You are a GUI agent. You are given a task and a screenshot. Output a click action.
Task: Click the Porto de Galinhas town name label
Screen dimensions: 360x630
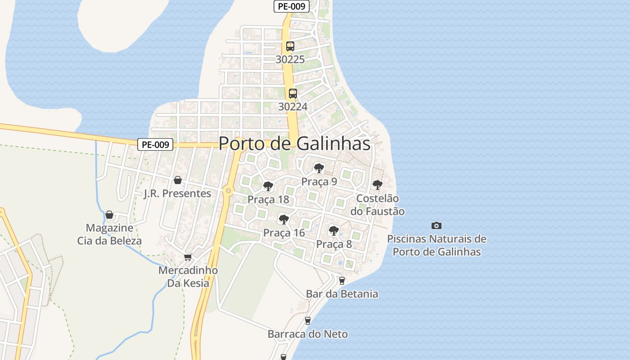click(294, 144)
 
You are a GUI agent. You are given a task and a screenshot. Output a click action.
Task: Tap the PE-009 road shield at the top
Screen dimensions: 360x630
click(291, 6)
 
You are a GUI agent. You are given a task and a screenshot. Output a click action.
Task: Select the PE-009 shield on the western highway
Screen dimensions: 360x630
click(155, 144)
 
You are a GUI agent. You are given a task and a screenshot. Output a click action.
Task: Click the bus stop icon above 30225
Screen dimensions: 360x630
click(290, 46)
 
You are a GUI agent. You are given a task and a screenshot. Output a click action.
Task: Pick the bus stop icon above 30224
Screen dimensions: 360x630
click(293, 94)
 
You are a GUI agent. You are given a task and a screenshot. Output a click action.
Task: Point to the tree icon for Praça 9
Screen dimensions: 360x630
click(319, 168)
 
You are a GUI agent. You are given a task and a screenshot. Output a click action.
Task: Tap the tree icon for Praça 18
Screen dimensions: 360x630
click(268, 186)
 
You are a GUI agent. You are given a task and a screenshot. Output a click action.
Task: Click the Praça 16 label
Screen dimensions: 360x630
click(284, 233)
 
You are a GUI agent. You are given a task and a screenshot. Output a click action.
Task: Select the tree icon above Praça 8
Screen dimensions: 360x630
click(333, 231)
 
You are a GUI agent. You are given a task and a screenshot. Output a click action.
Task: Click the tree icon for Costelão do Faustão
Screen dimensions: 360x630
click(378, 184)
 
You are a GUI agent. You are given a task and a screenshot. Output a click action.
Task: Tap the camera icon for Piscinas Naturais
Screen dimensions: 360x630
click(436, 225)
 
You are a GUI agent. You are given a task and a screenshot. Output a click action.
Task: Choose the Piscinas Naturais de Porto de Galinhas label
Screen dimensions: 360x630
click(436, 245)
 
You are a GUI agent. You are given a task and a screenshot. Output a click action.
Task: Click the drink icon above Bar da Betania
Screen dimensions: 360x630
click(342, 280)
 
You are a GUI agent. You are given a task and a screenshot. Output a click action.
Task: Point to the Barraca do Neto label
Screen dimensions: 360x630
click(307, 334)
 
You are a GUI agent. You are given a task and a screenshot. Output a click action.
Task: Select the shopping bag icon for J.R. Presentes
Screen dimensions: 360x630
click(178, 180)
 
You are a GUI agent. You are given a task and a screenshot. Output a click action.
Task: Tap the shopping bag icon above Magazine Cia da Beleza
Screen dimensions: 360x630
click(109, 215)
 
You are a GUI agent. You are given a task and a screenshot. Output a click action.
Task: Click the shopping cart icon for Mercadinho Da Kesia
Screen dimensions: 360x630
click(188, 257)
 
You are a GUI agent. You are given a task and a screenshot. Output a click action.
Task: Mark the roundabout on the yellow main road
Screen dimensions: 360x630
click(229, 191)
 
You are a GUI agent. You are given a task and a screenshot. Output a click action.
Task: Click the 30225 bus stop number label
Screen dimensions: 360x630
click(290, 59)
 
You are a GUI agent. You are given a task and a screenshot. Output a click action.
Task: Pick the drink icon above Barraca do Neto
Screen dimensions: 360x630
click(308, 320)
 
